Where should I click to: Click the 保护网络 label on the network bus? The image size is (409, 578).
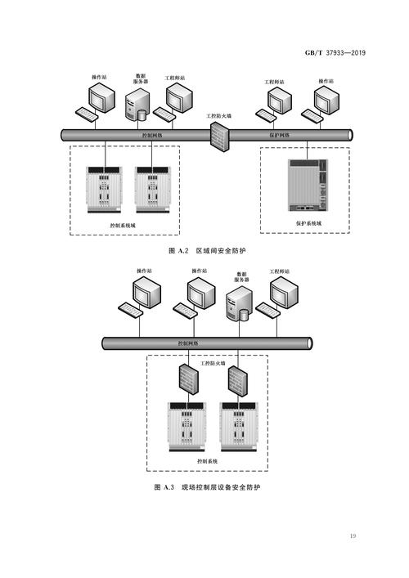point(281,132)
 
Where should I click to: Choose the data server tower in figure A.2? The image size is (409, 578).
point(138,105)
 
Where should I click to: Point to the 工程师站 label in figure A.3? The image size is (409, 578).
point(283,271)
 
